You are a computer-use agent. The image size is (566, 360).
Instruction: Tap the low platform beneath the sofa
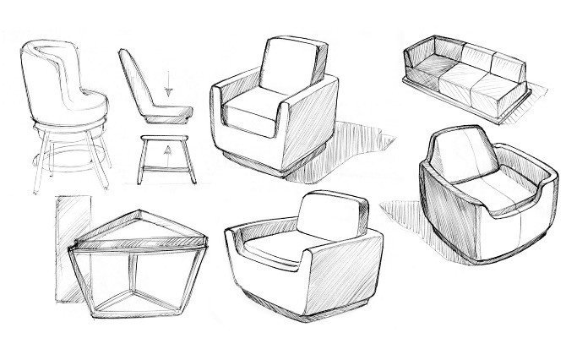[456, 109]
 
